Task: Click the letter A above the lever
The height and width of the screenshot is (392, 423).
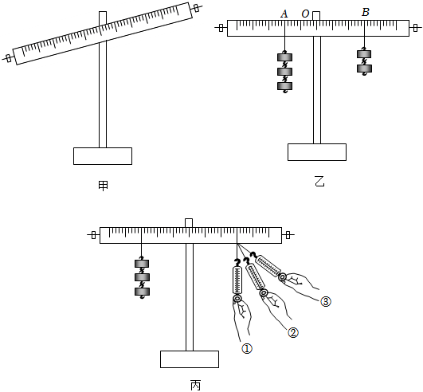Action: click(284, 14)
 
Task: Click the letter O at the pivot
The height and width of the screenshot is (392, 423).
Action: click(305, 14)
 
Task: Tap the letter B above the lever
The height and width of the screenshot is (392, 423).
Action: click(366, 12)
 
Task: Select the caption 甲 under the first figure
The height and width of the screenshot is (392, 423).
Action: click(103, 186)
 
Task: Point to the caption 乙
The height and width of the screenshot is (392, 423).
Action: click(319, 181)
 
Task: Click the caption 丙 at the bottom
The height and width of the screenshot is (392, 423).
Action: click(196, 386)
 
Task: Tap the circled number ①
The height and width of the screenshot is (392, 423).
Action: click(247, 349)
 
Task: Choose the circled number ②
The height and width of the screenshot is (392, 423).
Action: click(293, 333)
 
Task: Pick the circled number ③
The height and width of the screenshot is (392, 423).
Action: click(326, 302)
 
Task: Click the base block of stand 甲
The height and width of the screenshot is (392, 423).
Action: click(103, 156)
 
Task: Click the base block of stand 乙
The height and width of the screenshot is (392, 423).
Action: click(317, 152)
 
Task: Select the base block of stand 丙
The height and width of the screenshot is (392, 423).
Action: click(190, 359)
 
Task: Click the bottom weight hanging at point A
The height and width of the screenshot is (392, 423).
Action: click(285, 86)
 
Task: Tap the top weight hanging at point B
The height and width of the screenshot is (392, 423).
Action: click(364, 54)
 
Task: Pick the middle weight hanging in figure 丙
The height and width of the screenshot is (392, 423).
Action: click(142, 277)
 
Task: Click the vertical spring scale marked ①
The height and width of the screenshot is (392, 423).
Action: click(237, 280)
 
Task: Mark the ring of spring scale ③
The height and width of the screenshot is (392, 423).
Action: click(283, 276)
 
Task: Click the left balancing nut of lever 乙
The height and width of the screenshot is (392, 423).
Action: click(221, 28)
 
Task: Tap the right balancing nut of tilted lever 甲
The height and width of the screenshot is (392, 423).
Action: click(197, 8)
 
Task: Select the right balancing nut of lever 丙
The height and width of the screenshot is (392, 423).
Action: click(288, 235)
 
